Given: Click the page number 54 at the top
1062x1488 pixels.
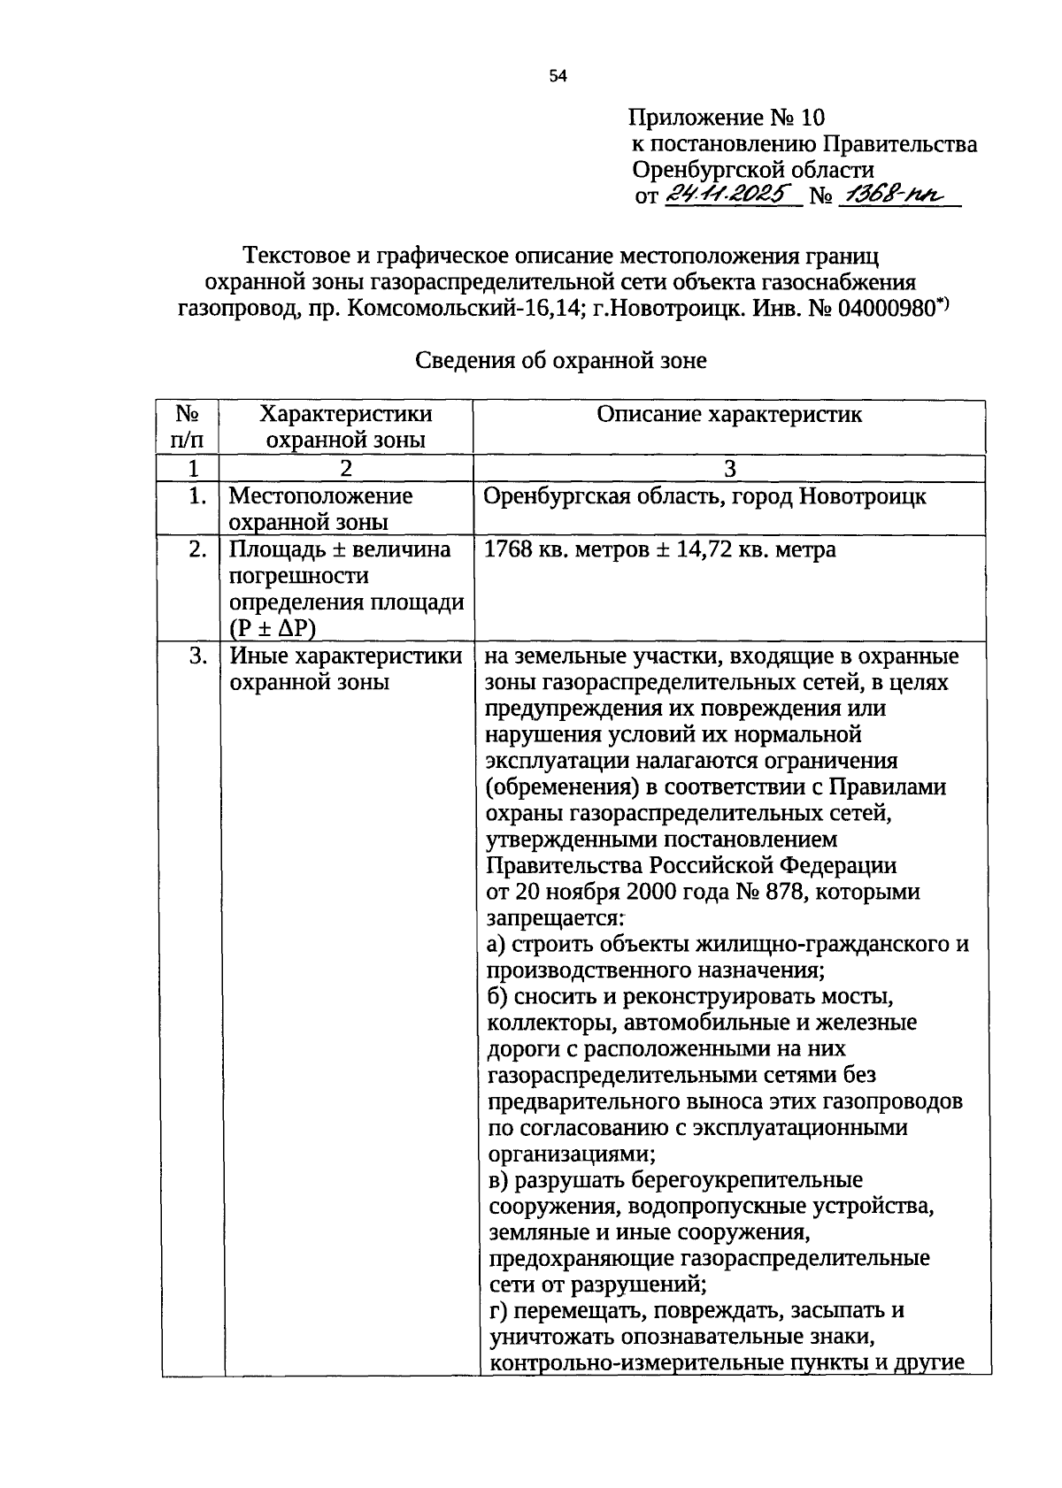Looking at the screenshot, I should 557,77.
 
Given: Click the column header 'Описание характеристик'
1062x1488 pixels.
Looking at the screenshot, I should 728,415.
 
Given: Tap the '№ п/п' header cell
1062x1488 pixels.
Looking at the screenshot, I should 186,426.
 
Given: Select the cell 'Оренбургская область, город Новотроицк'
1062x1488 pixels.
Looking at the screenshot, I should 704,496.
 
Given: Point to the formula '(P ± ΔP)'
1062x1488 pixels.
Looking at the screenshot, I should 272,628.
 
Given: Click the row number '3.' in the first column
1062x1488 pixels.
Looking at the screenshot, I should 197,656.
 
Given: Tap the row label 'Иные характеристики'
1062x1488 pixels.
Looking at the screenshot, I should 345,656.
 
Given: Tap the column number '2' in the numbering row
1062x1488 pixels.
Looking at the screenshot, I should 345,468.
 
